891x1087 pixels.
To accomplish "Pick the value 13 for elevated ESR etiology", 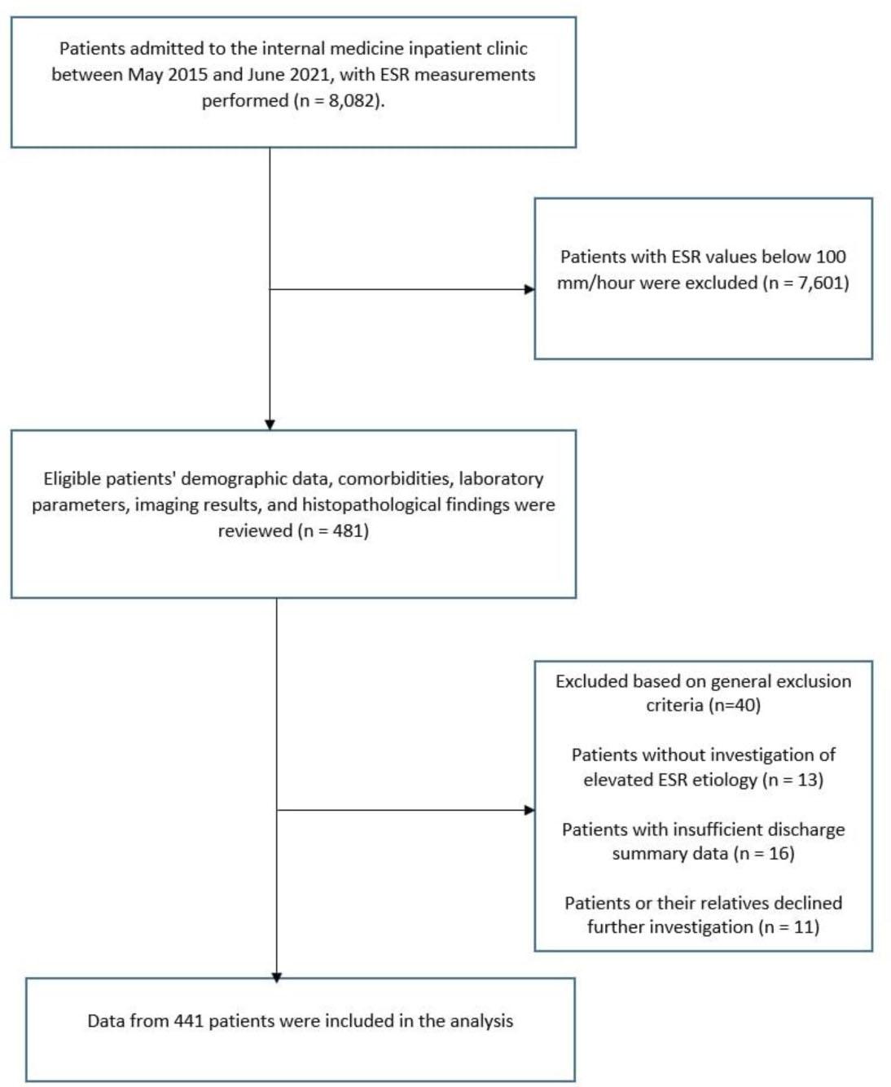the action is [806, 780].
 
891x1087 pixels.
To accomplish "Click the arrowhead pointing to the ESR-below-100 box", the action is [529, 289].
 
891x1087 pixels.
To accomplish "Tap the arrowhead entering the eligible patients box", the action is [270, 425].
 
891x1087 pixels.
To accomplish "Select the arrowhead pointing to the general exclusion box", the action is [529, 810].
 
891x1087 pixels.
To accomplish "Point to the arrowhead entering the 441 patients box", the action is [277, 977].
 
